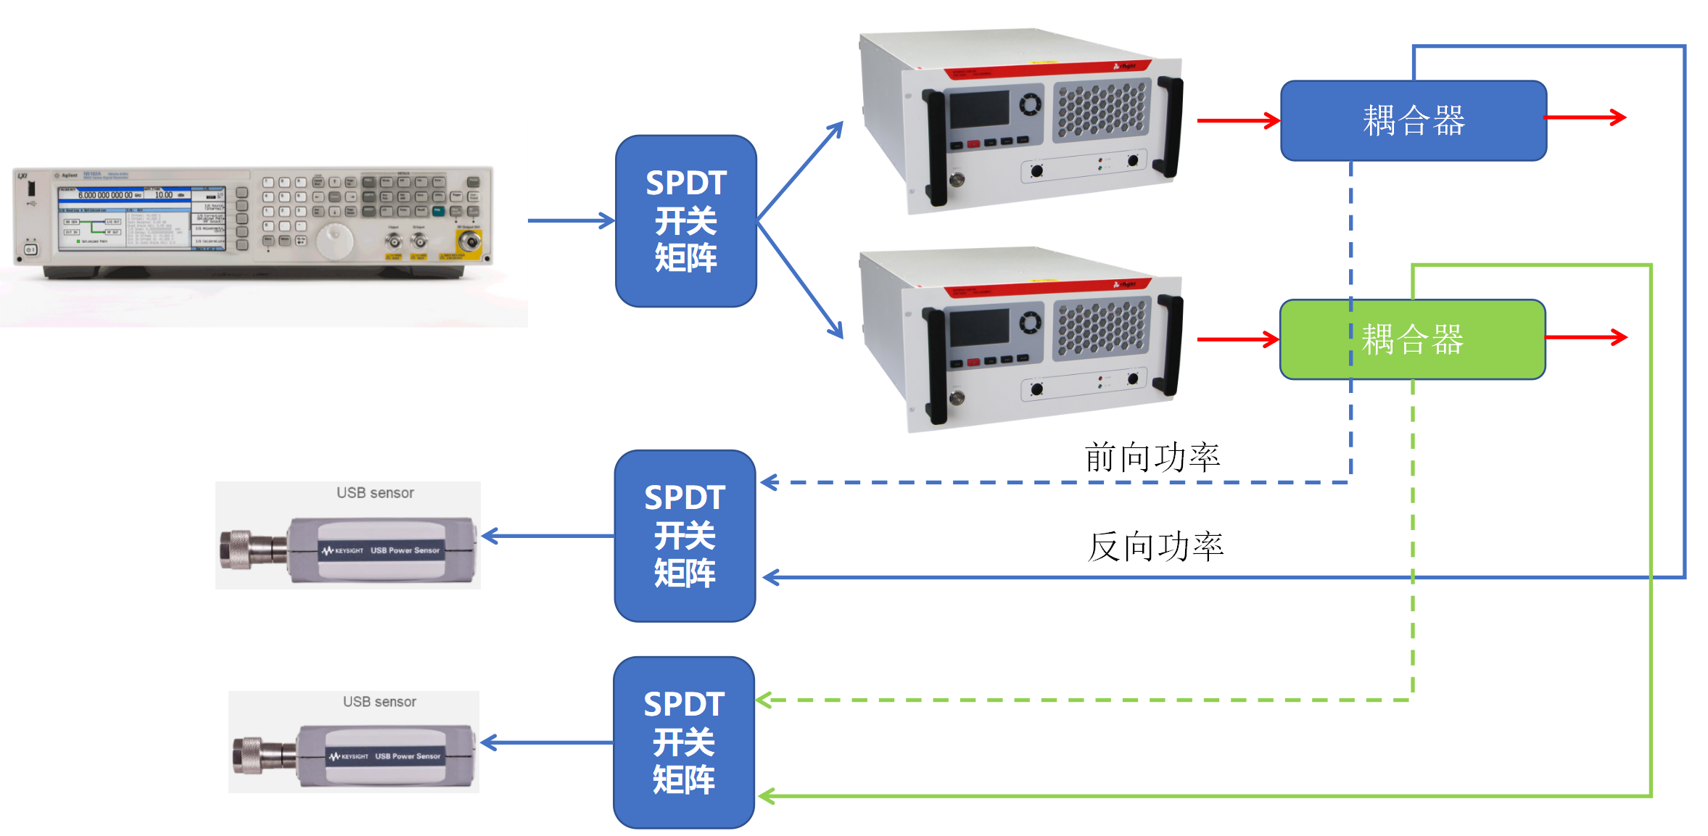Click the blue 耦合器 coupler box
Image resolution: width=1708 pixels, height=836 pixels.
tap(1413, 120)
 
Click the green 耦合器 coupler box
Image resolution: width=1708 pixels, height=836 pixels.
tap(1411, 339)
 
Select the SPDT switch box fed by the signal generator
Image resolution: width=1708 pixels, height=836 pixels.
tap(685, 220)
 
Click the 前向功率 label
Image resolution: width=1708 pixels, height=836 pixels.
tap(1152, 458)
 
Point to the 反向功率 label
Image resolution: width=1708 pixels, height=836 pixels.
tap(1155, 546)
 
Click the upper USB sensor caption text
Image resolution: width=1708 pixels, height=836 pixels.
tap(375, 493)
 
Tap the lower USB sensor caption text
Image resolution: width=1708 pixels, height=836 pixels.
tap(379, 702)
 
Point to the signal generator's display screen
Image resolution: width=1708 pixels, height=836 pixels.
tap(141, 218)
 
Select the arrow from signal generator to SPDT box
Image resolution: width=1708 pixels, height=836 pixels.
tap(571, 220)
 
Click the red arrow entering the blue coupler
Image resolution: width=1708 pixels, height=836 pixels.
tap(1237, 120)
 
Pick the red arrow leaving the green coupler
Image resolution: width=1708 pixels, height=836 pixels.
tap(1585, 337)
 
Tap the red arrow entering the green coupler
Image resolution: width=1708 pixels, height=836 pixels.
tap(1237, 339)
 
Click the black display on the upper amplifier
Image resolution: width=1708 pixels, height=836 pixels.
tap(979, 109)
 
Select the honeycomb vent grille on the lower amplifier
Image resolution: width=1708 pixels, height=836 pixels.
tap(1102, 328)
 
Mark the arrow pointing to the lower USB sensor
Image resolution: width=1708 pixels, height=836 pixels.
tap(548, 742)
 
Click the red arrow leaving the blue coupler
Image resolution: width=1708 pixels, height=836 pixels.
tap(1585, 117)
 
